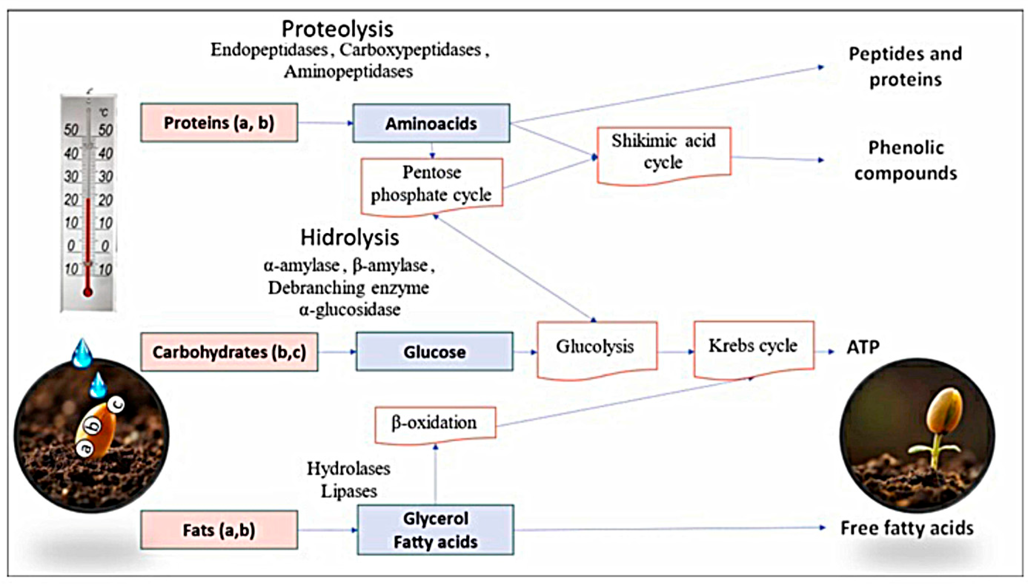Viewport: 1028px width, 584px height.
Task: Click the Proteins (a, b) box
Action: click(219, 123)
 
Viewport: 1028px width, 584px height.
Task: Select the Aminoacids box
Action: click(431, 123)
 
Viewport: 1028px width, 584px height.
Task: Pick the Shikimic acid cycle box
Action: click(664, 152)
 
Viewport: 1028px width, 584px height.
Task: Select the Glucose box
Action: click(434, 352)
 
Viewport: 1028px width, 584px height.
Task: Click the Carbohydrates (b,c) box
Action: click(229, 352)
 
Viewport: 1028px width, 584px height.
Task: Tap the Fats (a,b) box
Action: click(219, 530)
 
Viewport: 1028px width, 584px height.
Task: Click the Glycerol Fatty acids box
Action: click(435, 530)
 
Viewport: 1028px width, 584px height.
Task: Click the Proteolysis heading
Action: click(337, 29)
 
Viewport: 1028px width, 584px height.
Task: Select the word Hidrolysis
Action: click(350, 237)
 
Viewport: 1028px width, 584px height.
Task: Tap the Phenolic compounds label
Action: click(905, 161)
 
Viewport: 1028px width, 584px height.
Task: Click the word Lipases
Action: click(349, 491)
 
